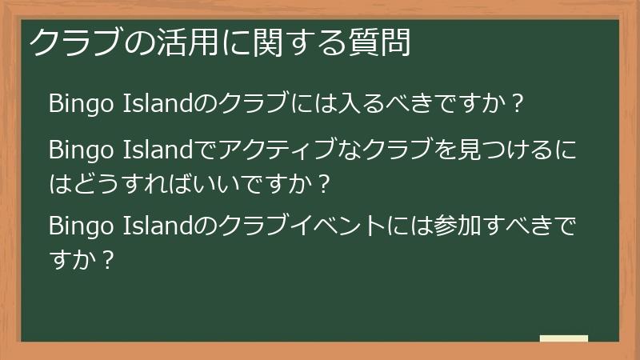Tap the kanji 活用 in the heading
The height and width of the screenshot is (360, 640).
pos(185,42)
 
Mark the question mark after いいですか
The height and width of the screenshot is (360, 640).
pos(323,184)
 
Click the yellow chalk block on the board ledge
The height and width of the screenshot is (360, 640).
pos(563,338)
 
